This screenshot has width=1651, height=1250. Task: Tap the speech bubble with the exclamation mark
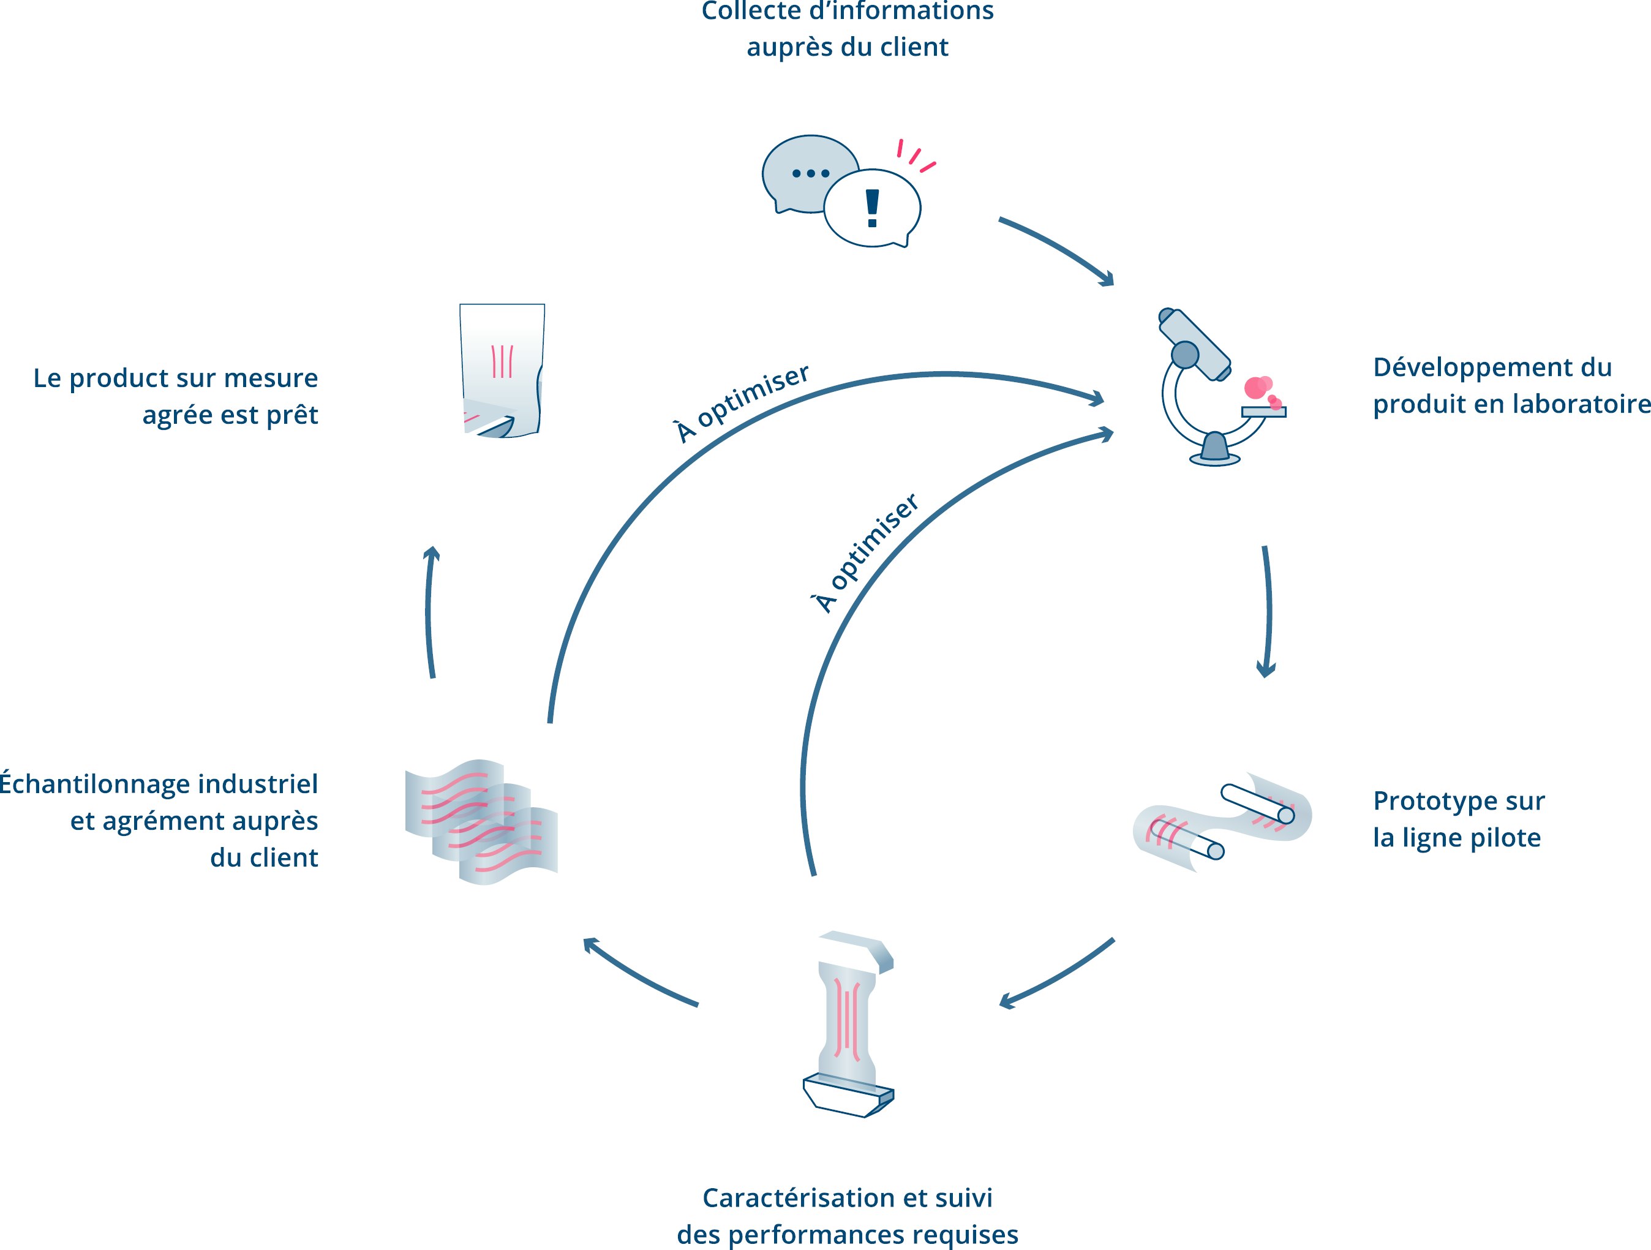coord(873,208)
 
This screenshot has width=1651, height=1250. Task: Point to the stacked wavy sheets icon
coord(481,823)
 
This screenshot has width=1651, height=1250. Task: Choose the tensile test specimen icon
coord(849,1024)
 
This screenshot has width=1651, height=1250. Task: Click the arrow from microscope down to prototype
coord(1268,611)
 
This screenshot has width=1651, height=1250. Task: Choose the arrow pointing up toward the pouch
coord(429,612)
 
